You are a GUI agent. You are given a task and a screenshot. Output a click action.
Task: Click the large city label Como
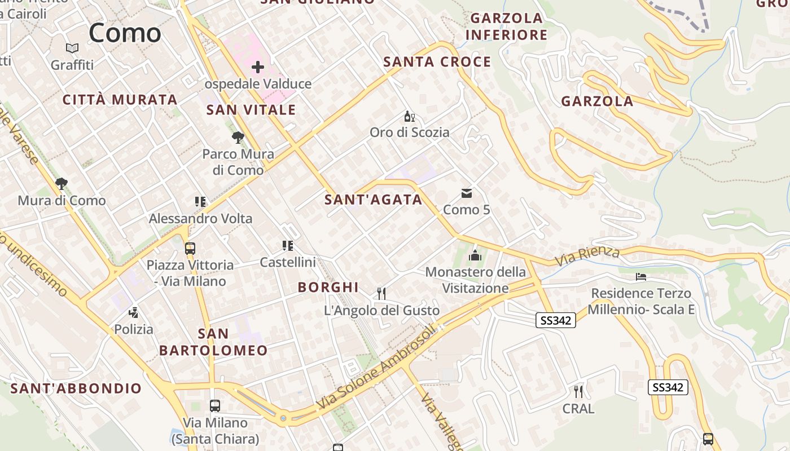(x=125, y=33)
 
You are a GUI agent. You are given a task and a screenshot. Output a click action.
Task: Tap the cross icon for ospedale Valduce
(x=258, y=68)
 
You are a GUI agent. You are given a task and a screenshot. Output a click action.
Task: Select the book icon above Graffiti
(x=72, y=48)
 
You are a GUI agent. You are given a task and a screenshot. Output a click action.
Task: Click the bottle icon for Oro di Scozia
(x=409, y=117)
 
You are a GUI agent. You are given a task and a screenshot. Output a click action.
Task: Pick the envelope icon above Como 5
(x=467, y=193)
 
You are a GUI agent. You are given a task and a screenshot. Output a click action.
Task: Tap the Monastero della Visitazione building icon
(x=475, y=255)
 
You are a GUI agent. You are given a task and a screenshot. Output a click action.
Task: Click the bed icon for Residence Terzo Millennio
(x=641, y=276)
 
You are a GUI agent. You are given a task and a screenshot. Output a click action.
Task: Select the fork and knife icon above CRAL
(x=578, y=391)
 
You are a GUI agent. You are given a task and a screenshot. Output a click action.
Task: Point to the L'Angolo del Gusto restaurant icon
(x=381, y=293)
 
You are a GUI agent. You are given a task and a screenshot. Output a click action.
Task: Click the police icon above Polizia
(x=134, y=312)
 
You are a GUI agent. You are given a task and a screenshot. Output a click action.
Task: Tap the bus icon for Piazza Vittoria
(x=190, y=248)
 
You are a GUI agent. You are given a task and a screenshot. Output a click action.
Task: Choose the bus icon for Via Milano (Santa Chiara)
(x=215, y=405)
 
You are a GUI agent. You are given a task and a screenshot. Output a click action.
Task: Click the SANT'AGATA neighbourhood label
(x=374, y=200)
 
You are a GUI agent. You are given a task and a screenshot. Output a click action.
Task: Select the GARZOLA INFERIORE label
(x=506, y=26)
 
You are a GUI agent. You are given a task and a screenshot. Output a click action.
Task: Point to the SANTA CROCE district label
(x=437, y=62)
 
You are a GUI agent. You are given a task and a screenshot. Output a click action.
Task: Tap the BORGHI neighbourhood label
(x=328, y=288)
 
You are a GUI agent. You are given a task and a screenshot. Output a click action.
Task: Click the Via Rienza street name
(x=587, y=256)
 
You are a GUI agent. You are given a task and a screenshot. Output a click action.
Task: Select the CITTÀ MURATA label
(x=120, y=100)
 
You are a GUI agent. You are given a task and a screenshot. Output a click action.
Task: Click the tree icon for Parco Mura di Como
(x=238, y=137)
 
